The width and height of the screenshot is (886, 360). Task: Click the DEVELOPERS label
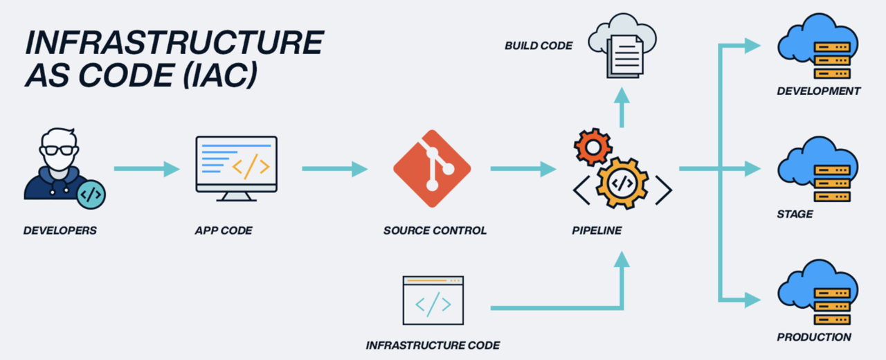click(60, 231)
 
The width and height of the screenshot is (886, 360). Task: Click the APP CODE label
click(224, 231)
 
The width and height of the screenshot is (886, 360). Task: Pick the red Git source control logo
click(432, 169)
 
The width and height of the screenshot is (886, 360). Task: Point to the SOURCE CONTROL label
click(435, 231)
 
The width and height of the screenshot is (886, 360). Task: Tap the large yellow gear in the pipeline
click(622, 182)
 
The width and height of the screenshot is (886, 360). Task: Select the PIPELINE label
click(596, 231)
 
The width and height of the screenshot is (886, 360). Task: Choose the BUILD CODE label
click(539, 46)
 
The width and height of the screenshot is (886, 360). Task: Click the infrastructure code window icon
click(433, 300)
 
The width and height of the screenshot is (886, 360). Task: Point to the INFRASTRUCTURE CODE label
click(433, 345)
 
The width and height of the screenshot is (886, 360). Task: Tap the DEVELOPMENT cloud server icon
click(817, 48)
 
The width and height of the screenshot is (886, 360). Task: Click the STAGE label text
click(795, 214)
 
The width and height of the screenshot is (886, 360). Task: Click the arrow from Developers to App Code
click(146, 168)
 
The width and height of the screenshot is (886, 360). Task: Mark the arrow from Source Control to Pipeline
click(523, 168)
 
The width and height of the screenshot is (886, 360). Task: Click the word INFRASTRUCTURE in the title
click(174, 43)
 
